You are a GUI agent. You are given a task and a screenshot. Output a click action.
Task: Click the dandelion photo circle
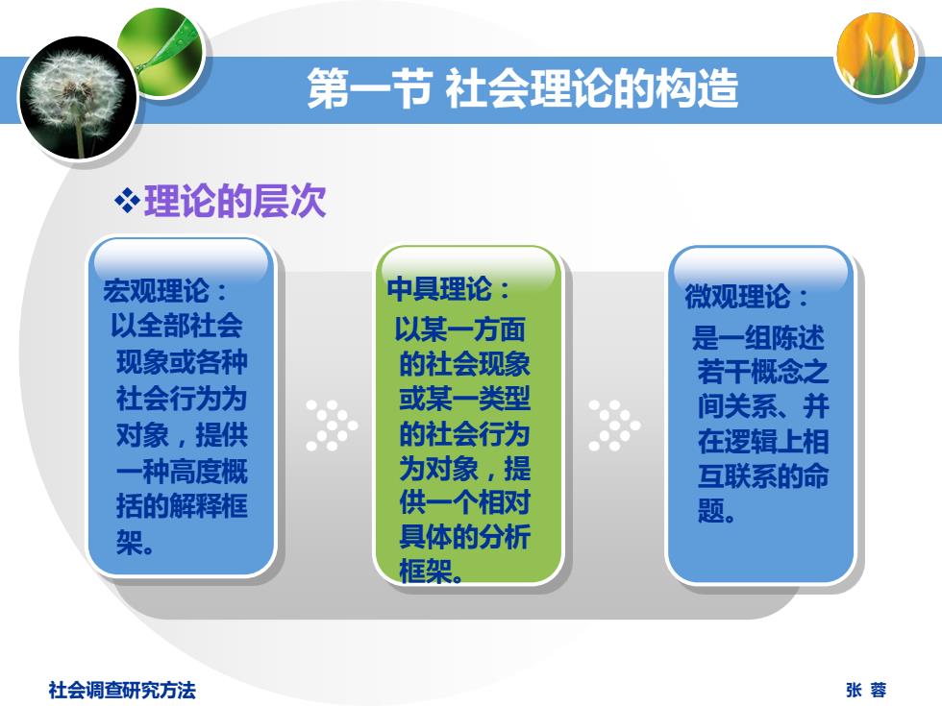(79, 98)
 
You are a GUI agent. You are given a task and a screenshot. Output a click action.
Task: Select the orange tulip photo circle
(877, 56)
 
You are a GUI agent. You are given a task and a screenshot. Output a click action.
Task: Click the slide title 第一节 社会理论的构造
(523, 88)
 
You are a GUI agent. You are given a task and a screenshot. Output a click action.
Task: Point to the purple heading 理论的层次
(235, 201)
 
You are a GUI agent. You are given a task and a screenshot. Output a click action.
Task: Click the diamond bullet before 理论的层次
(127, 201)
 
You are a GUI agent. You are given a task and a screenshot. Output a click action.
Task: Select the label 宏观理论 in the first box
(156, 290)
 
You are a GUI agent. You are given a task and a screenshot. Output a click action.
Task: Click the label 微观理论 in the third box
(738, 296)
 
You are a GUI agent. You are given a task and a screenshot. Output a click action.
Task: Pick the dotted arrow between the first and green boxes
(332, 425)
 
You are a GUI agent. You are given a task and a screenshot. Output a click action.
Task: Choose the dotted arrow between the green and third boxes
(614, 425)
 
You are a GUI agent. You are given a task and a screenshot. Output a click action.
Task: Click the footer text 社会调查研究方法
(122, 690)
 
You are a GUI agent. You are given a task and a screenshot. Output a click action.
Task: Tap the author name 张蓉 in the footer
(866, 690)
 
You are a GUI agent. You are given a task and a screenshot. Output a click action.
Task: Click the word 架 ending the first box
(130, 543)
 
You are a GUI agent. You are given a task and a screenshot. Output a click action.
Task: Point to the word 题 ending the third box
(710, 511)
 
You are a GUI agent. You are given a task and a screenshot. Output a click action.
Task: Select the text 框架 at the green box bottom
(426, 571)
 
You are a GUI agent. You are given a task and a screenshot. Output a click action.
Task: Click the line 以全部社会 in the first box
(177, 326)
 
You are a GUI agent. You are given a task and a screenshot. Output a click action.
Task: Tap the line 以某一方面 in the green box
(460, 329)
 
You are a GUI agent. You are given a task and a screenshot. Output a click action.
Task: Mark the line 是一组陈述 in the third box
(758, 337)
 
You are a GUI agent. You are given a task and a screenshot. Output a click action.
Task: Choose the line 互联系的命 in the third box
(763, 475)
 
